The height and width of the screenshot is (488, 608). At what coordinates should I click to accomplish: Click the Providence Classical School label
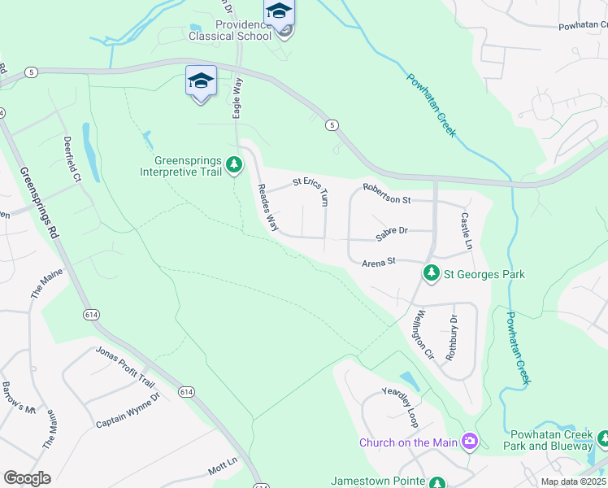pos(230,30)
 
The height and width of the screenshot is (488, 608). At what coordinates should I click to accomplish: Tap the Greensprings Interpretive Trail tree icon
pos(234,165)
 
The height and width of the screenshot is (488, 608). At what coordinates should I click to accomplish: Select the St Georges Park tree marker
pos(431,274)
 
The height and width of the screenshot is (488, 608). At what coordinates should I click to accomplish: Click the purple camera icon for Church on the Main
pos(469,442)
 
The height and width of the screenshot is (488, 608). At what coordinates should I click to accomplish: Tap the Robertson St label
pos(388,194)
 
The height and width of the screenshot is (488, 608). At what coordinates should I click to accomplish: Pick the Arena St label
pos(378,261)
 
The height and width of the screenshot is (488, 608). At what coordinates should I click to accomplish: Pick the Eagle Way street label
pos(238,98)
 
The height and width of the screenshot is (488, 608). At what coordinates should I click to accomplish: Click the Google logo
pos(27,477)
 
